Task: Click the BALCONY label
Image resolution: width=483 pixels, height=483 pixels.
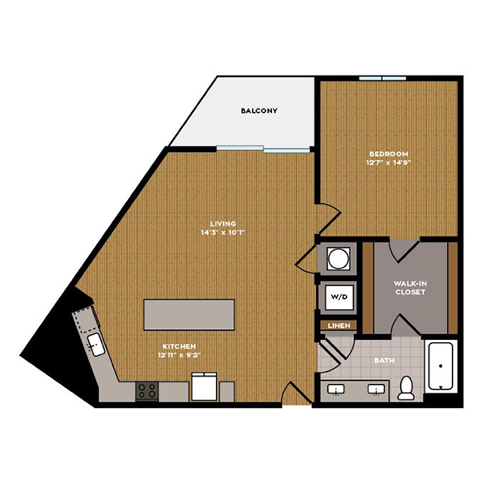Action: [x=259, y=111]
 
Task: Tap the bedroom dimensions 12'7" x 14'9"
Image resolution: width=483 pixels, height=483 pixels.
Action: [x=389, y=162]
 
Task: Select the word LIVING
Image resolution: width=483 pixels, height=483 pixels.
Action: [x=223, y=224]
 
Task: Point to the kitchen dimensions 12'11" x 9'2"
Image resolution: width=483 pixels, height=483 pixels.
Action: [x=179, y=355]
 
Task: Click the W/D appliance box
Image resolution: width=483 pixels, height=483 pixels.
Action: [x=339, y=297]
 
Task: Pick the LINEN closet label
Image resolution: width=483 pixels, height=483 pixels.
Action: [x=339, y=326]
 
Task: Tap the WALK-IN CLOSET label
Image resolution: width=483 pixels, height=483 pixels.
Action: [x=410, y=288]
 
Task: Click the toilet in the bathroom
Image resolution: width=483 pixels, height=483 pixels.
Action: [x=406, y=388]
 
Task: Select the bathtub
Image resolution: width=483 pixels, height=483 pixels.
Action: [x=441, y=366]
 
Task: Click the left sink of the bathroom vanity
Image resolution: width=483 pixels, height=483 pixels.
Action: [x=335, y=390]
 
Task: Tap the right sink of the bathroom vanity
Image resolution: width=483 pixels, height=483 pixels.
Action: [x=376, y=390]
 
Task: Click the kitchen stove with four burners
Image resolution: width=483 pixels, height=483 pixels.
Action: [x=147, y=391]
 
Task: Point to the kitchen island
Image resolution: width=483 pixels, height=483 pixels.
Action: [x=189, y=314]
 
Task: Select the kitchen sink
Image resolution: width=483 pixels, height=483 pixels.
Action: [x=96, y=345]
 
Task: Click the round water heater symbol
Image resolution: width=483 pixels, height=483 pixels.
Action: [x=339, y=259]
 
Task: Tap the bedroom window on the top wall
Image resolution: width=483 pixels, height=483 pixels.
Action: [x=383, y=78]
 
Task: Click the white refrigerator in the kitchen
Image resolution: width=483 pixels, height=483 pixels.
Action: [x=204, y=386]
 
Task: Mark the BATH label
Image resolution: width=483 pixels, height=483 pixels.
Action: [x=384, y=361]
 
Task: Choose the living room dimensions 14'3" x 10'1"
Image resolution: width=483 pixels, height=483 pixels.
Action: [x=223, y=232]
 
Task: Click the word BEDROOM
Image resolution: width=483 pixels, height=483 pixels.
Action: [x=389, y=153]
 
